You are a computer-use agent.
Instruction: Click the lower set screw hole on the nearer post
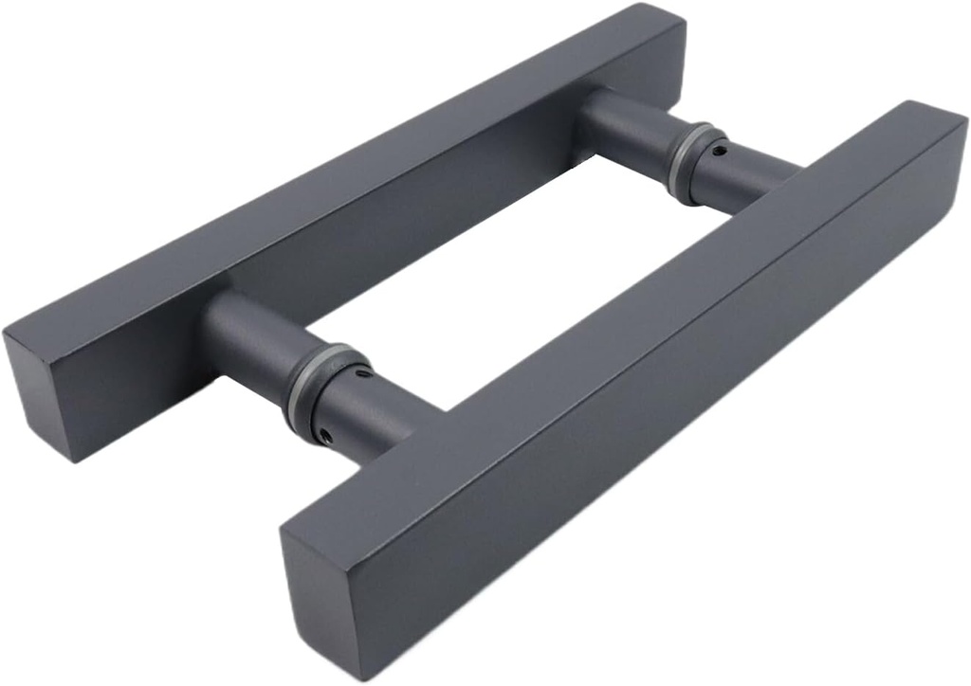[324, 435]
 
